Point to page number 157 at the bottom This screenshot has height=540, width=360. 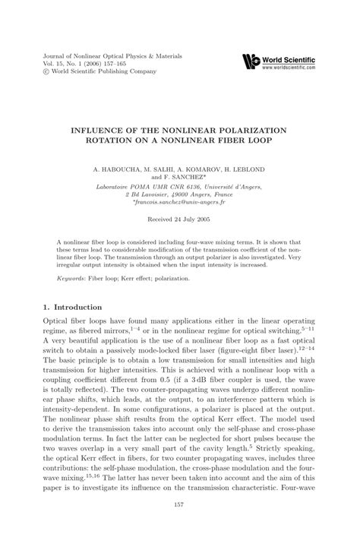pyautogui.click(x=179, y=505)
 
